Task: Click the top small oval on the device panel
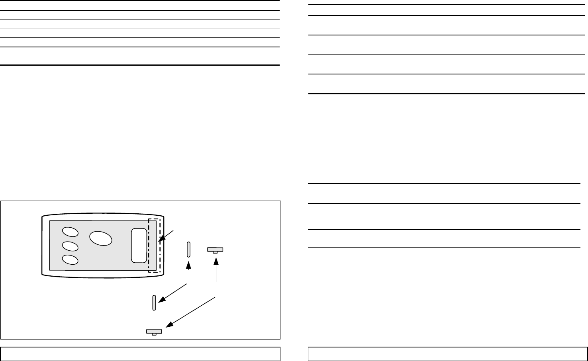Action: [70, 232]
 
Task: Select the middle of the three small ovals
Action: [70, 246]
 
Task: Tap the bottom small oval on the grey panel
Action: [70, 260]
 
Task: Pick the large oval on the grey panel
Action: [101, 238]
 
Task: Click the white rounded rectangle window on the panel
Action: [139, 246]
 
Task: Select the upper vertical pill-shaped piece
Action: [189, 249]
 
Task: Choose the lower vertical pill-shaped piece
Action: [154, 303]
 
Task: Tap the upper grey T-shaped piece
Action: [215, 250]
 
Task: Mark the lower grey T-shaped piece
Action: [154, 332]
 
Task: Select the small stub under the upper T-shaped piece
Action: [215, 252]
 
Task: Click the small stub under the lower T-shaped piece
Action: [154, 334]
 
